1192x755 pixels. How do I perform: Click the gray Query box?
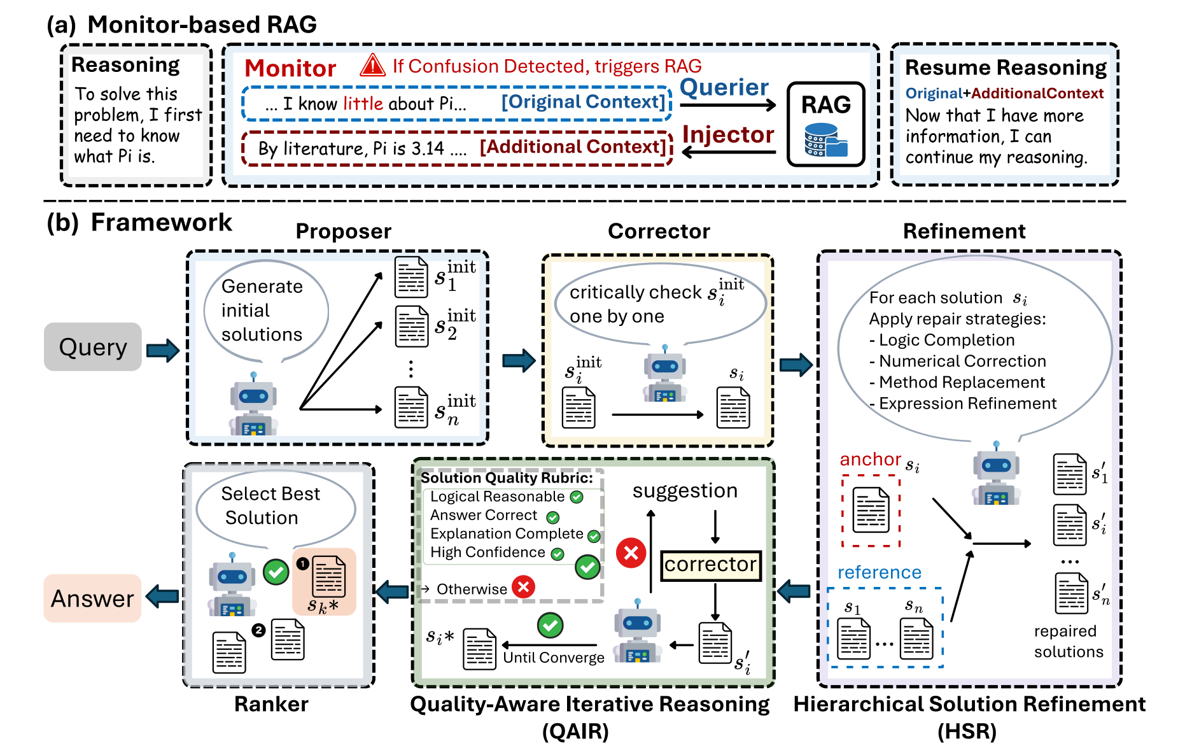point(93,347)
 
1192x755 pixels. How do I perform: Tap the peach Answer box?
point(92,598)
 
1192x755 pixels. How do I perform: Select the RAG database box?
point(825,125)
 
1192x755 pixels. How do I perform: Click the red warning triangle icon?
point(373,66)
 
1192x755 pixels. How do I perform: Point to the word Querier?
point(724,87)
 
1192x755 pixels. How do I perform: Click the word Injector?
point(728,135)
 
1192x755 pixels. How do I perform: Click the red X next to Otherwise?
point(524,587)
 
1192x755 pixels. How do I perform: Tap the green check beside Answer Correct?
point(553,517)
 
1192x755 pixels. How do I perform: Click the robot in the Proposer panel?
point(253,406)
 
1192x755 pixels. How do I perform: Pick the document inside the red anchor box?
point(871,510)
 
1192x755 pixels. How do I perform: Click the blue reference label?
point(879,572)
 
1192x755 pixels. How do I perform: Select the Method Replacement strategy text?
point(961,382)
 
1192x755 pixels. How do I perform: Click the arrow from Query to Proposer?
point(163,350)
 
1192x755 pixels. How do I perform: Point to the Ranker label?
point(271,704)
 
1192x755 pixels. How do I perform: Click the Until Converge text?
point(554,658)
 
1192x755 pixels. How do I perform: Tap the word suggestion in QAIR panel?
point(685,491)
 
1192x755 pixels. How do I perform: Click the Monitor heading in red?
point(290,68)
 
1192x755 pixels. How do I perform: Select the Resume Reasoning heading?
point(1006,67)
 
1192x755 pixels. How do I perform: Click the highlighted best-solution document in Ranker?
point(329,577)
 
